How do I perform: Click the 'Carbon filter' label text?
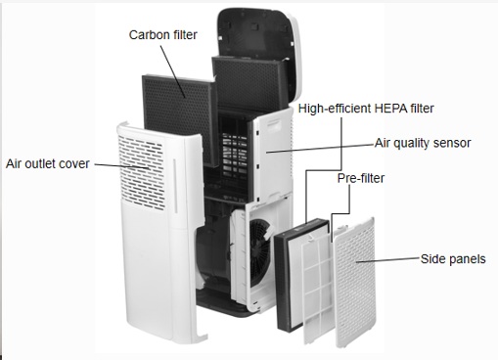tap(162, 35)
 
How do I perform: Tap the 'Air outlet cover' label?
tap(48, 163)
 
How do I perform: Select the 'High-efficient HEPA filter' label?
tap(366, 109)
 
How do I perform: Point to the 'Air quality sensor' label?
tap(423, 143)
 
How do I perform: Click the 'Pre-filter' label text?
tap(361, 178)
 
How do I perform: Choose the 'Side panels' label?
tap(453, 259)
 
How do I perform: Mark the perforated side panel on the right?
tap(355, 282)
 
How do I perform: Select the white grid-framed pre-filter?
tap(317, 289)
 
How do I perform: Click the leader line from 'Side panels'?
tap(388, 260)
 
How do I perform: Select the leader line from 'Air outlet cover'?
tap(121, 166)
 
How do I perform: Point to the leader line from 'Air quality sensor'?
tap(320, 148)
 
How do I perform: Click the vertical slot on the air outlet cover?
tap(175, 186)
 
